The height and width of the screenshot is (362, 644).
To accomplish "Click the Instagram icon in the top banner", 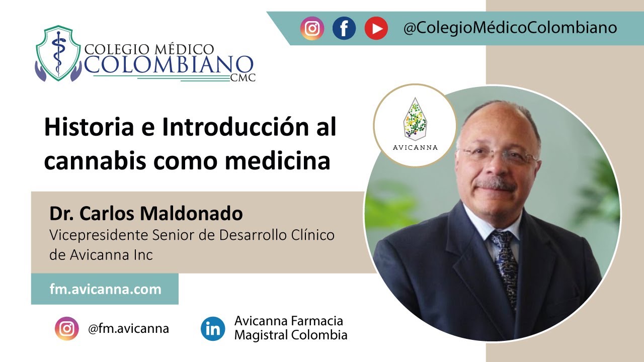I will tap(312, 28).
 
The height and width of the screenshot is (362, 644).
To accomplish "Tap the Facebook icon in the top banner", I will tap(344, 28).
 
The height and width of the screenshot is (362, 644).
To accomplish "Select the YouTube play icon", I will tap(376, 28).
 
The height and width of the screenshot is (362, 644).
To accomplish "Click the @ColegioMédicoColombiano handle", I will tap(510, 28).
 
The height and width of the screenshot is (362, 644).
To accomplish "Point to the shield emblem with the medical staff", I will tap(58, 53).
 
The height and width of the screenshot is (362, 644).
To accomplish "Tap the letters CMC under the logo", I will tap(243, 77).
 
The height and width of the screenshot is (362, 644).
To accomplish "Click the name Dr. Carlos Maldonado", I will tap(146, 214).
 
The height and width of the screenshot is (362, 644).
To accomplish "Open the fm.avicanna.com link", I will tap(106, 289).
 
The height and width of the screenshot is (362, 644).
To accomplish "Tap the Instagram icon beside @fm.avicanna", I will tap(67, 329).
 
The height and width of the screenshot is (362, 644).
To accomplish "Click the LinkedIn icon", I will tap(213, 329).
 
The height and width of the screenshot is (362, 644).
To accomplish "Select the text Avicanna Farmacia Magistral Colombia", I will tap(291, 328).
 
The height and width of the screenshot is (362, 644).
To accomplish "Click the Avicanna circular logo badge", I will tap(415, 126).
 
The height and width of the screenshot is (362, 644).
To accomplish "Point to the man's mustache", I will tap(496, 185).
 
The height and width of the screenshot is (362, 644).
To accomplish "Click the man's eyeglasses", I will tap(498, 155).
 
